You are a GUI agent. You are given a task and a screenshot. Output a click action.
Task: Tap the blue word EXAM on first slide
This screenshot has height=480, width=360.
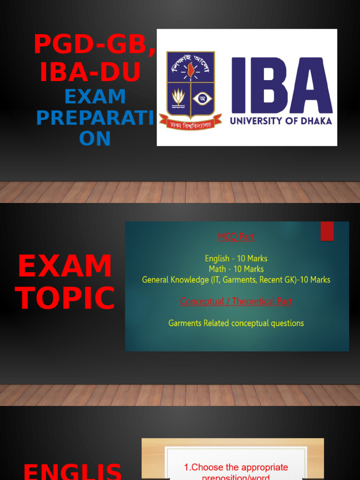coord(95,97)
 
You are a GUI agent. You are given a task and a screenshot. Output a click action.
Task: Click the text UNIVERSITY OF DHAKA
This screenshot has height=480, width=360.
coord(281,121)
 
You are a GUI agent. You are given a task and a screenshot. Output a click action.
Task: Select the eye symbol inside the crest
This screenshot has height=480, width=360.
coord(202,98)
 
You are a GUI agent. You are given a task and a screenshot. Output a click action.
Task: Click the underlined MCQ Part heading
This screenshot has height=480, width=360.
coord(236,237)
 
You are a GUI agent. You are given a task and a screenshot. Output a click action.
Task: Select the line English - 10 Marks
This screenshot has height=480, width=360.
coord(236,258)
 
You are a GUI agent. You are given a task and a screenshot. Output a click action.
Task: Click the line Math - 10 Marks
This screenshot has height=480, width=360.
coord(236,269)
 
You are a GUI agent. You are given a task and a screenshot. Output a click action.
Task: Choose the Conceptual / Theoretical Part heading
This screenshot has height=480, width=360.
coord(236,301)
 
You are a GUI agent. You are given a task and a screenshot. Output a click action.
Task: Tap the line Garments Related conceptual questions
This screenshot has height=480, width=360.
coord(236,323)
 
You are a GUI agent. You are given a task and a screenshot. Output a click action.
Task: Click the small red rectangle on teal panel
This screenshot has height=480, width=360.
coord(327,231)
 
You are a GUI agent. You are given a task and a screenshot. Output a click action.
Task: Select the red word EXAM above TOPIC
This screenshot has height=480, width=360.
coord(65,266)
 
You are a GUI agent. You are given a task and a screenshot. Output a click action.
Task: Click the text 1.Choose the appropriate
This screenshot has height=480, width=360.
coord(235,467)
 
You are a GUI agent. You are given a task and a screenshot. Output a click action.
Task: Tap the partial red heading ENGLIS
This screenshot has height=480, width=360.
coord(73,471)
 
